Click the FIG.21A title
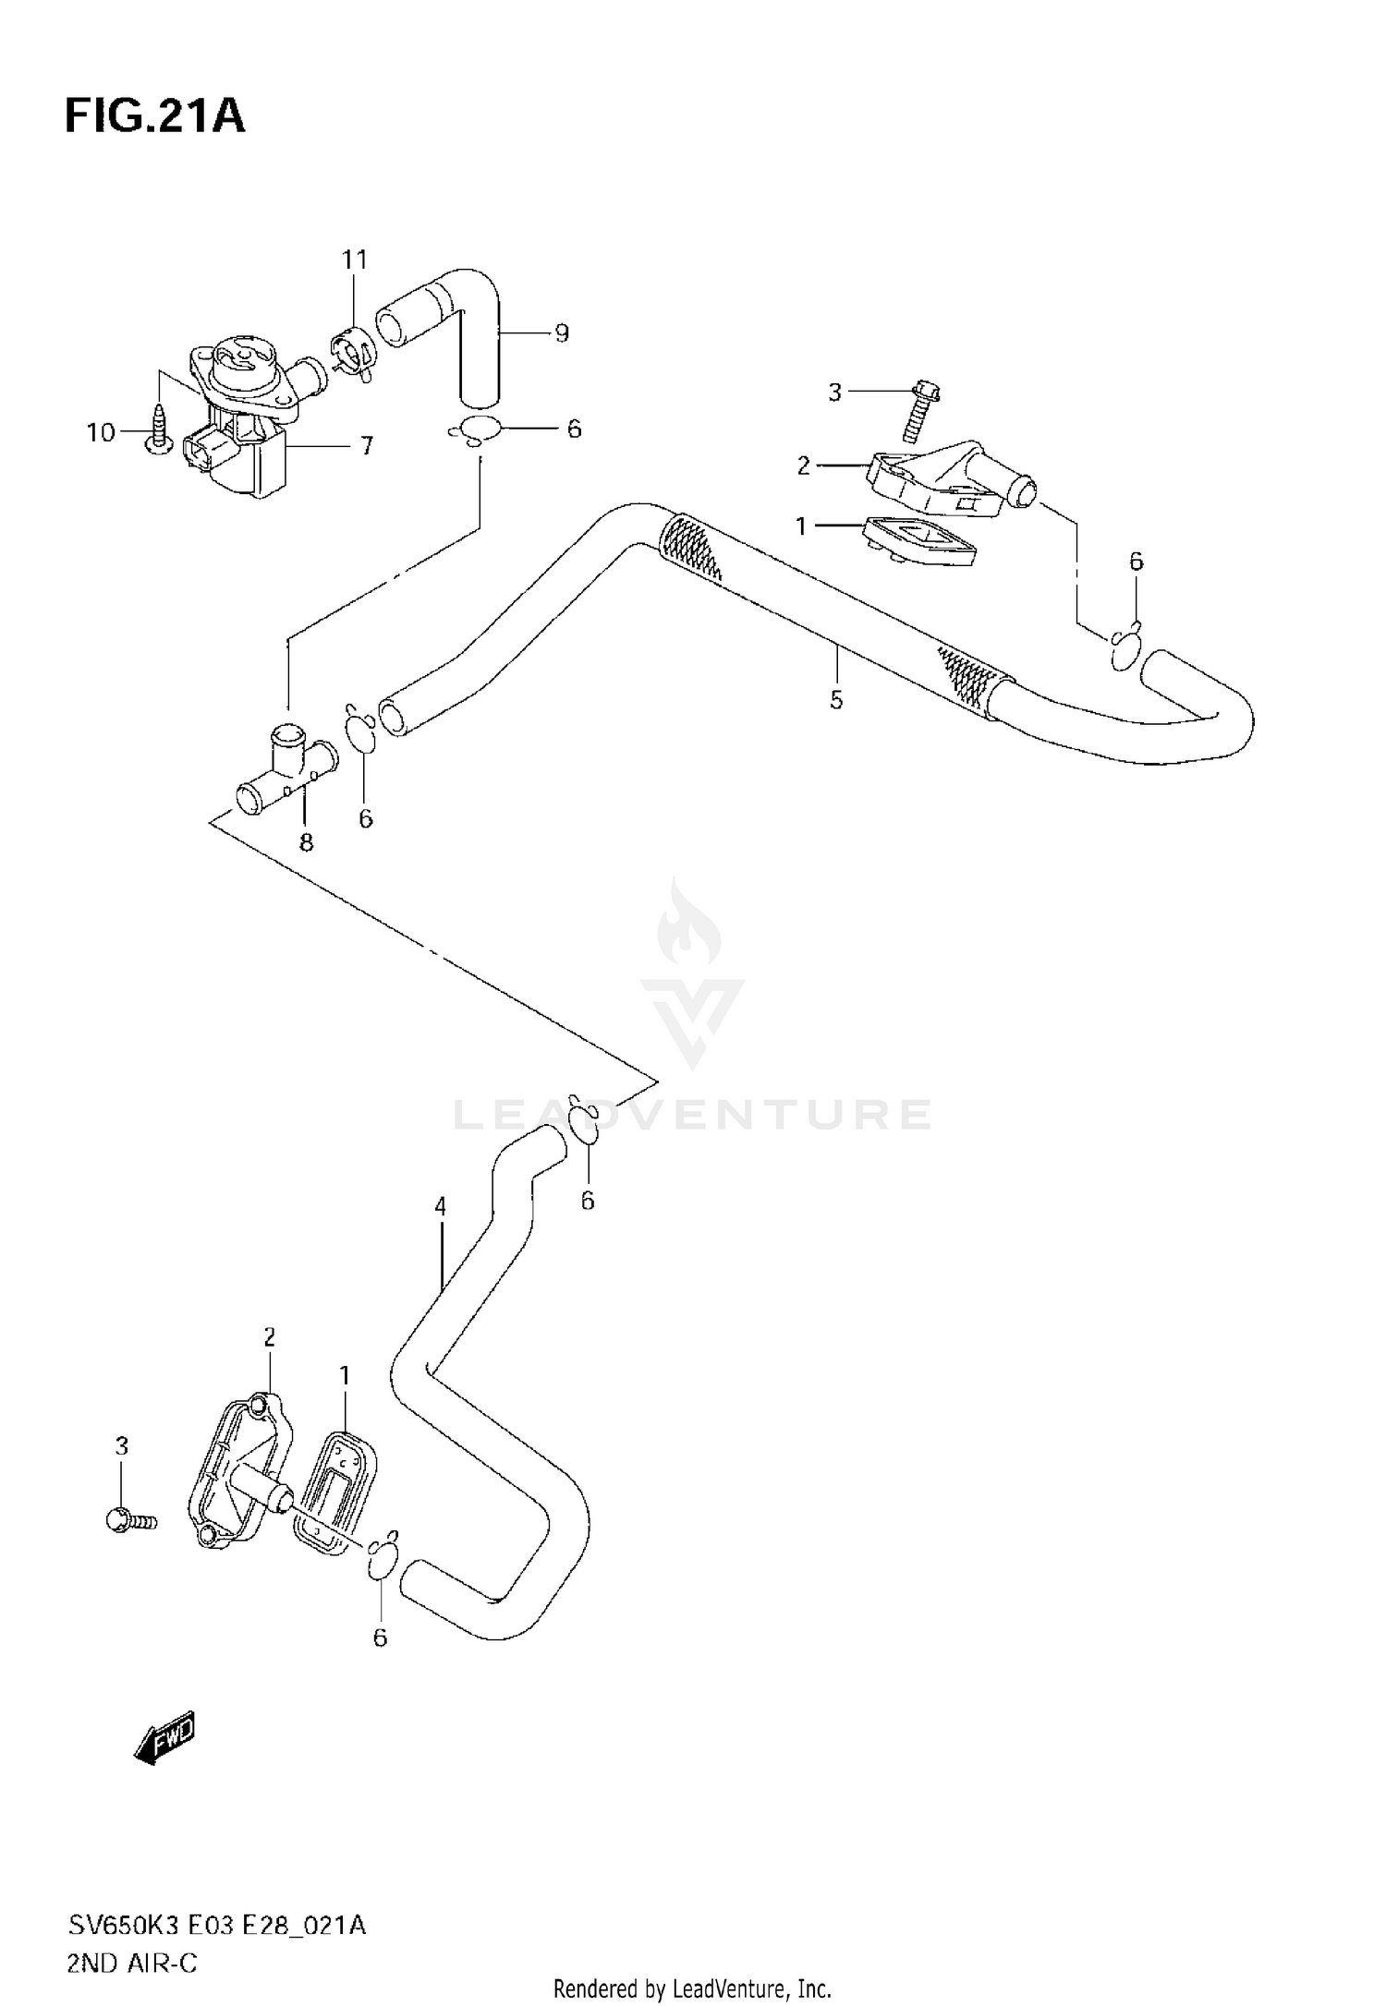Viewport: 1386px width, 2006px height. tap(154, 117)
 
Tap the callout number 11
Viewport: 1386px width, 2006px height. tap(355, 260)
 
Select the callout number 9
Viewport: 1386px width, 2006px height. tap(562, 333)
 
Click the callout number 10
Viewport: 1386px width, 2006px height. tap(101, 432)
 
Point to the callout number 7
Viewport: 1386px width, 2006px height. tap(366, 447)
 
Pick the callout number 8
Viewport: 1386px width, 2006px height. tap(306, 842)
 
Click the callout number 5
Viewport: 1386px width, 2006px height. tap(836, 700)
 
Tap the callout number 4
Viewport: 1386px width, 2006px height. tap(441, 1206)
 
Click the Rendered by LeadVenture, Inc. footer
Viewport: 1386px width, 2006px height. tap(692, 1988)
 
